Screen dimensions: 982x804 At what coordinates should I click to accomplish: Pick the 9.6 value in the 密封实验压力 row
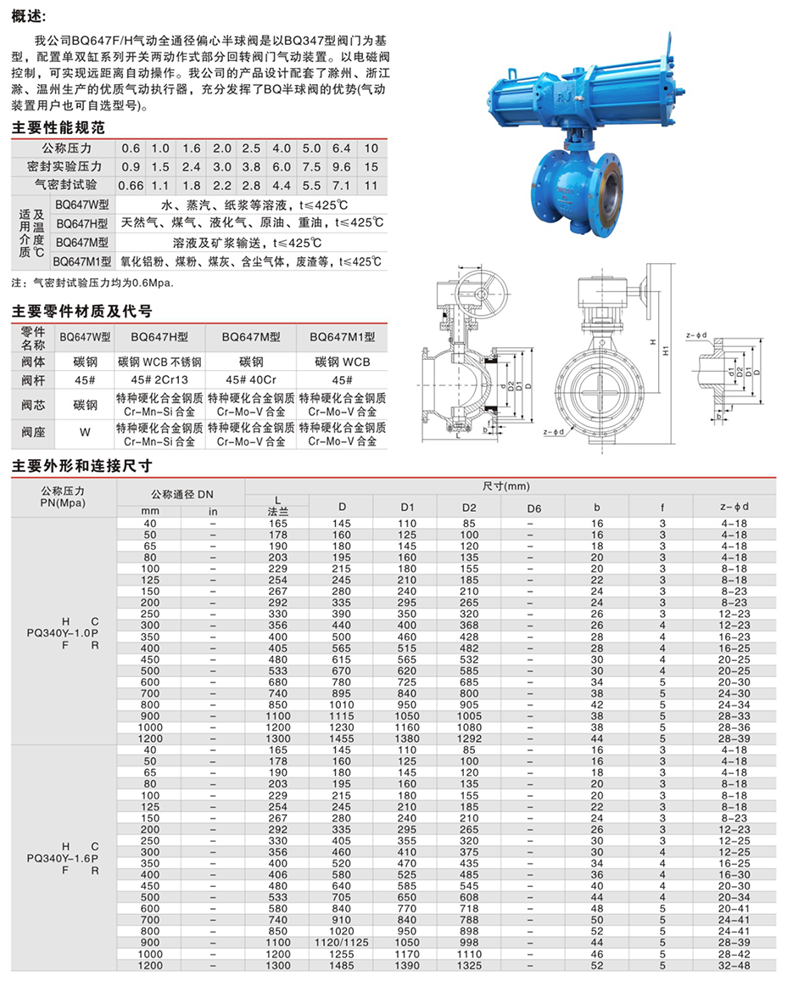pos(341,166)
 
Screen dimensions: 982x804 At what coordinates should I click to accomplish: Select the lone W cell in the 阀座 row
pos(85,432)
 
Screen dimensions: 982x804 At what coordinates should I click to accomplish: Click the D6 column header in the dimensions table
pos(533,508)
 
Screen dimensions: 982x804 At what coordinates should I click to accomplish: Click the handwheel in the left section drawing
pos(475,295)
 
